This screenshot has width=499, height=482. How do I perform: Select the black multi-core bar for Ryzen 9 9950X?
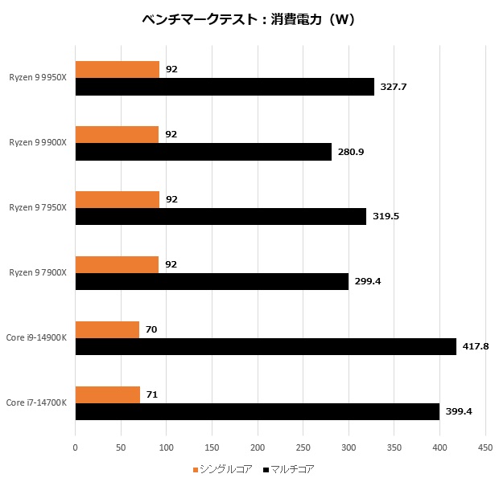(225, 87)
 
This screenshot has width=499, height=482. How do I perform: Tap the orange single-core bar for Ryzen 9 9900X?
(117, 135)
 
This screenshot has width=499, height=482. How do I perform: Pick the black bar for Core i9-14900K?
(266, 346)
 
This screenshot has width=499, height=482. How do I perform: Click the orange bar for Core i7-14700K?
(107, 394)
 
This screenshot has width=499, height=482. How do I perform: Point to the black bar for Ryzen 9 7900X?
(212, 281)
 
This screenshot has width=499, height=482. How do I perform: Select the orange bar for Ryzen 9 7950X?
(117, 200)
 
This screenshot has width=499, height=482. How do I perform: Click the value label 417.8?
(475, 346)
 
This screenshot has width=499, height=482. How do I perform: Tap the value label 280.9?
(350, 152)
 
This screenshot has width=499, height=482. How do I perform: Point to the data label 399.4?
(458, 411)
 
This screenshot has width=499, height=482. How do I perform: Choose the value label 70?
(151, 329)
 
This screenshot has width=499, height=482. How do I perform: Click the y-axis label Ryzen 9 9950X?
(39, 78)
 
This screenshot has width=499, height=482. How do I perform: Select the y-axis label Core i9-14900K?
(37, 338)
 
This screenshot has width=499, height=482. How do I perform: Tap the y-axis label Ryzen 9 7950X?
(39, 208)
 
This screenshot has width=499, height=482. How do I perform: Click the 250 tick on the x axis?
(303, 447)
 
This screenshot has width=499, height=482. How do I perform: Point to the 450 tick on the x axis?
(485, 447)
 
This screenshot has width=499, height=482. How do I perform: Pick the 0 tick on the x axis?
(75, 447)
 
